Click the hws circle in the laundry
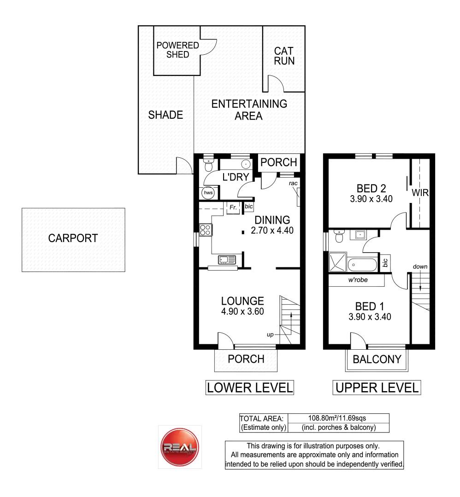tap(208, 193)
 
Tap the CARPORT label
tap(73, 238)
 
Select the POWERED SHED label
tap(178, 50)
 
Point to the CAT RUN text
tap(284, 56)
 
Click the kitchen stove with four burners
tap(206, 230)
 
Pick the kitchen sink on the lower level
tap(227, 260)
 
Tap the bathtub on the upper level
tap(362, 265)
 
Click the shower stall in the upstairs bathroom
tap(337, 262)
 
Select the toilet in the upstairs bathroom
tap(339, 236)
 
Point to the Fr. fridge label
tap(233, 207)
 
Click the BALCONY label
tap(377, 359)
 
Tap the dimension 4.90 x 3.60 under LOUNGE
tap(242, 312)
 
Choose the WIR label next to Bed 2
tap(420, 192)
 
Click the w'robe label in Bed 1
tap(358, 280)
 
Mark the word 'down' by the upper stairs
tap(420, 266)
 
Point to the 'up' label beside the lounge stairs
tap(270, 335)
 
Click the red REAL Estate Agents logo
tap(180, 447)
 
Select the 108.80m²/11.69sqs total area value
tap(337, 418)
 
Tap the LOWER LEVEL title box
tap(250, 387)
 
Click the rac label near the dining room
tap(293, 183)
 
